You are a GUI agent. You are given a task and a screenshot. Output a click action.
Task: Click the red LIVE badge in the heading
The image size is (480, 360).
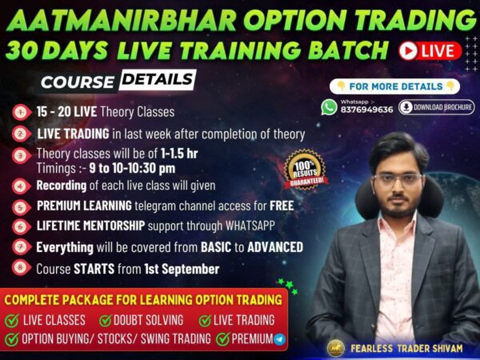coord(430,50)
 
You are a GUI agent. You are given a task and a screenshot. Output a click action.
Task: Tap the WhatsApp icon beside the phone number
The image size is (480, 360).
coord(330,107)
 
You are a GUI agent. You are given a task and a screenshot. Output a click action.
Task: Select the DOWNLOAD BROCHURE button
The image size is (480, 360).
coord(437,107)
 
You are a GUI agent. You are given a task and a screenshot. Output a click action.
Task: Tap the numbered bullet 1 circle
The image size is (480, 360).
coord(20,112)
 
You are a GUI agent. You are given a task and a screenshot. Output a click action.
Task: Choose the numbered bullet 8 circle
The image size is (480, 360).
coord(20,268)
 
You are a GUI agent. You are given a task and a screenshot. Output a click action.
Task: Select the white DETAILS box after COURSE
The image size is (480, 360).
coord(158,79)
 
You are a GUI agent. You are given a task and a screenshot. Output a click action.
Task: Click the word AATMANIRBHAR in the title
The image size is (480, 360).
coord(109,18)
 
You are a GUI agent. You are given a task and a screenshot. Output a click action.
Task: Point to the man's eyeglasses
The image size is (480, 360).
coord(398,179)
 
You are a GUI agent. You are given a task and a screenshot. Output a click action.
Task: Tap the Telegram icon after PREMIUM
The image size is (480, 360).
coord(278,339)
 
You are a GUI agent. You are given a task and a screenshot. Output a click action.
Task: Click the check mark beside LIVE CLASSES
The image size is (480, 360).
coord(12,320)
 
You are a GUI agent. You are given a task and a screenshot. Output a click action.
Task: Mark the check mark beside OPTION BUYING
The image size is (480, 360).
coord(12,339)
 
